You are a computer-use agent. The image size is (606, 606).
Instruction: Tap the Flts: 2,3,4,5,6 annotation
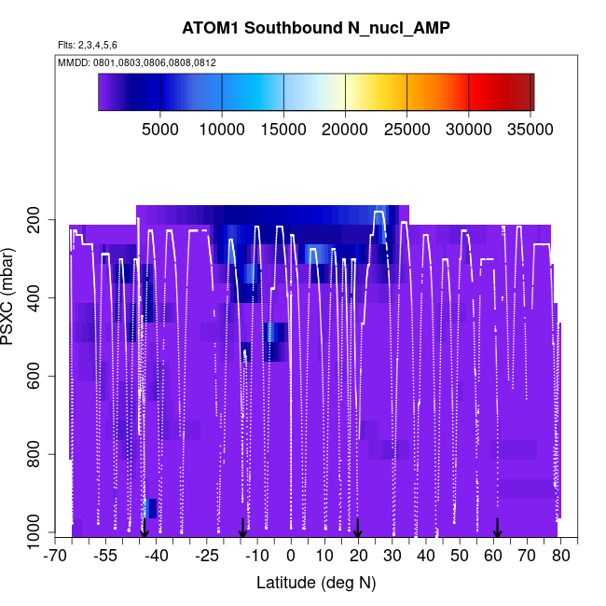pyautogui.click(x=88, y=45)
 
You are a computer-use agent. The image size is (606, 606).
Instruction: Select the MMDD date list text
pyautogui.click(x=137, y=62)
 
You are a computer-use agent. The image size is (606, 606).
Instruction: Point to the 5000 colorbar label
pyautogui.click(x=160, y=128)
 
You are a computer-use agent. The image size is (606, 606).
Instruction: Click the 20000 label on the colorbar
pyautogui.click(x=345, y=128)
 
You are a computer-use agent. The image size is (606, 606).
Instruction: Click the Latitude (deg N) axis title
pyautogui.click(x=315, y=583)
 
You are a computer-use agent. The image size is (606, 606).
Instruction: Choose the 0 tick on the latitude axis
pyautogui.click(x=291, y=557)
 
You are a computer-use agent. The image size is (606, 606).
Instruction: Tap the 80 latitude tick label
pyautogui.click(x=560, y=557)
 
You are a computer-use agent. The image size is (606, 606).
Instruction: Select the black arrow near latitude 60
pyautogui.click(x=497, y=528)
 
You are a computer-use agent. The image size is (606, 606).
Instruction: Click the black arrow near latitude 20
pyautogui.click(x=357, y=528)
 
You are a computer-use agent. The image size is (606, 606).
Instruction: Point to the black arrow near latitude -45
pyautogui.click(x=144, y=528)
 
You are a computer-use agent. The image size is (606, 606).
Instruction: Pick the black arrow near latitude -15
pyautogui.click(x=242, y=528)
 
